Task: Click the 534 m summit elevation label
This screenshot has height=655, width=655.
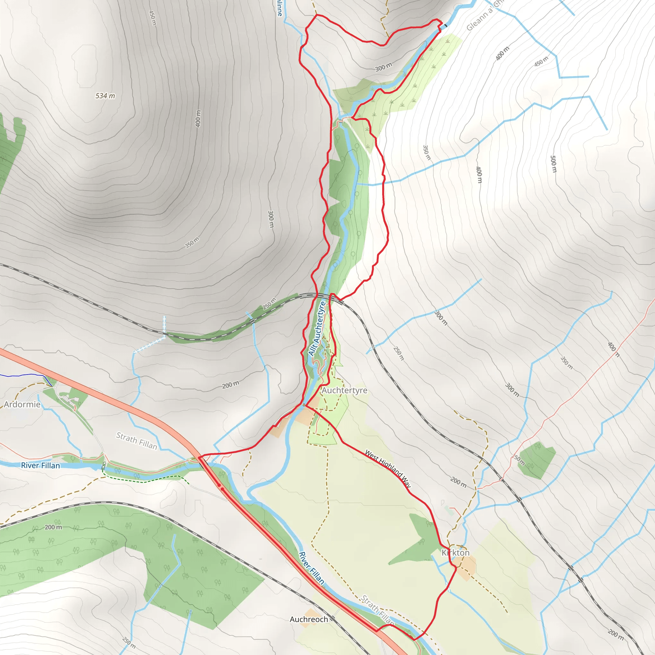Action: [x=105, y=96]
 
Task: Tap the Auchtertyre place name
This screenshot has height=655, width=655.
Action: [x=344, y=390]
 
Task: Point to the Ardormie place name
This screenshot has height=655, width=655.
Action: [x=22, y=405]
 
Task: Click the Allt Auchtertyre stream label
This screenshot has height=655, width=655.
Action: [x=317, y=328]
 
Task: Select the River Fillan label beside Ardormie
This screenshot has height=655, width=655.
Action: [x=40, y=465]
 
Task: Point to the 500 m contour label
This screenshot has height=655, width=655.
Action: [x=553, y=164]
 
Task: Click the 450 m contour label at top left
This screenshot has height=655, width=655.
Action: [x=153, y=18]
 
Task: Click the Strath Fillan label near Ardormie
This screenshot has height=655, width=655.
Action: [x=137, y=441]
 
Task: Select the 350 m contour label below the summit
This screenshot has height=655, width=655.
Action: [x=192, y=243]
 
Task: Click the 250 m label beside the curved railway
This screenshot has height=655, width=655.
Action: [x=269, y=304]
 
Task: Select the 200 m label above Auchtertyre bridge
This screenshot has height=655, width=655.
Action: [x=231, y=385]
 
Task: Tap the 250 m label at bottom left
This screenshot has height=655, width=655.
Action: [x=129, y=643]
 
